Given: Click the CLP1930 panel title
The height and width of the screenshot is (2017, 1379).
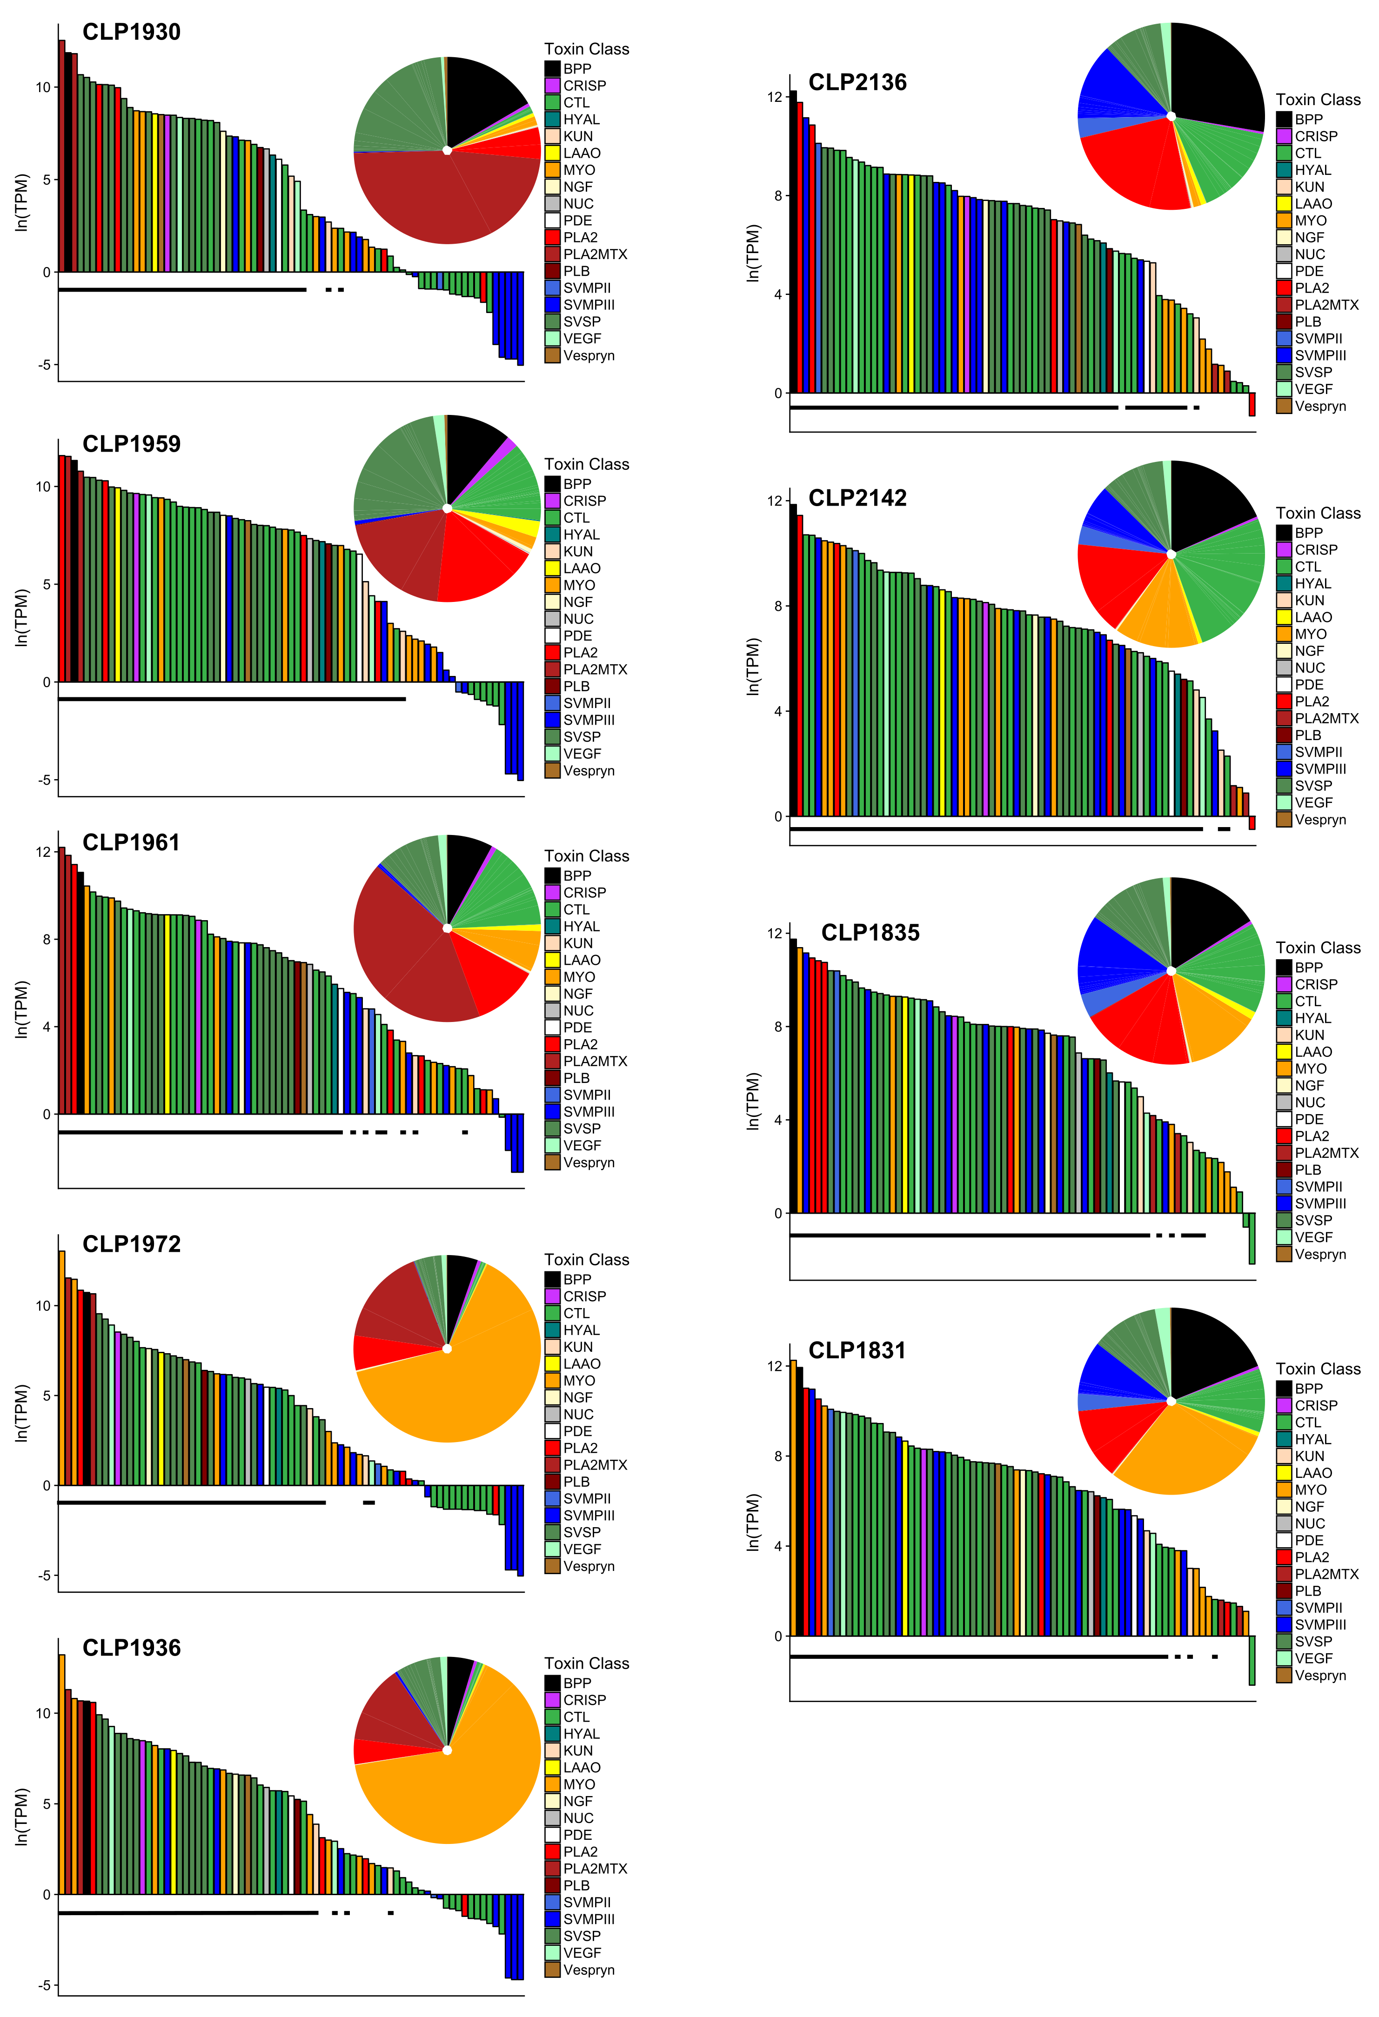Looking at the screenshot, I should (x=131, y=32).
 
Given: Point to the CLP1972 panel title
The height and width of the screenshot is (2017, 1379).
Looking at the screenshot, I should (x=131, y=1244).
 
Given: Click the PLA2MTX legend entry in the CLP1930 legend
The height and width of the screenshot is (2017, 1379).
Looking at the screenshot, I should (x=595, y=254).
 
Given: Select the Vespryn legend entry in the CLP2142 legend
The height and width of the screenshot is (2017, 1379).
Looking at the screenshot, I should (x=1320, y=819).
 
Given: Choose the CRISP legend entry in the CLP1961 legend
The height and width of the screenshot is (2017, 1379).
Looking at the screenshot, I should (x=584, y=892).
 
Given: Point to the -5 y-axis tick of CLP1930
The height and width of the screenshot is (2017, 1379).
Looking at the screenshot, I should (x=43, y=365).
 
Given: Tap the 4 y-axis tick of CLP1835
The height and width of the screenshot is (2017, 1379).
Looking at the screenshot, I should (x=777, y=1120).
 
